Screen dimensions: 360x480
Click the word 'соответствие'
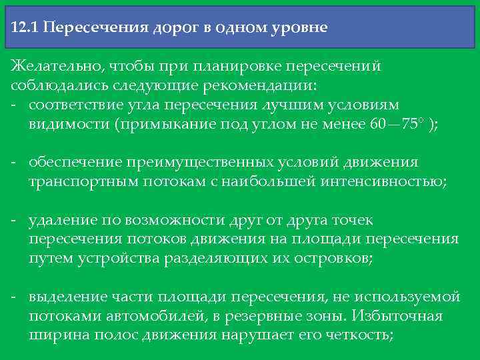pyautogui.click(x=74, y=105)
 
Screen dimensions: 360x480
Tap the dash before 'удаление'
pyautogui.click(x=15, y=221)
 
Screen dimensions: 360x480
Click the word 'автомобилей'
pyautogui.click(x=137, y=315)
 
